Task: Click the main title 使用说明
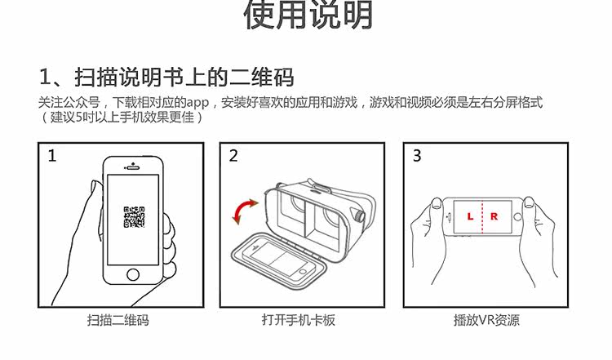pos(308,15)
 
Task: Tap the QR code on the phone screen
pos(135,217)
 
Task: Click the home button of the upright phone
pos(133,274)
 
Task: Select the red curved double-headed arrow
pos(245,211)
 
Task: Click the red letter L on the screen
pos(470,216)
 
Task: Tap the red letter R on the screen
pos(494,216)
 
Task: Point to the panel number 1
pos(52,156)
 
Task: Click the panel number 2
pos(233,156)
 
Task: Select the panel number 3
pos(417,156)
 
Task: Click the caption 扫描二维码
pos(118,320)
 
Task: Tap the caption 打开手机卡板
pos(298,320)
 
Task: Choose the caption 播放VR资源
pos(486,320)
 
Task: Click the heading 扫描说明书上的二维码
pos(184,77)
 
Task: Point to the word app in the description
pos(198,104)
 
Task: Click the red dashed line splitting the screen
pos(483,217)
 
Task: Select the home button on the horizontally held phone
pos(518,217)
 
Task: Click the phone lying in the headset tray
pos(279,260)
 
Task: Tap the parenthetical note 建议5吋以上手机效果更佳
pos(122,117)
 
